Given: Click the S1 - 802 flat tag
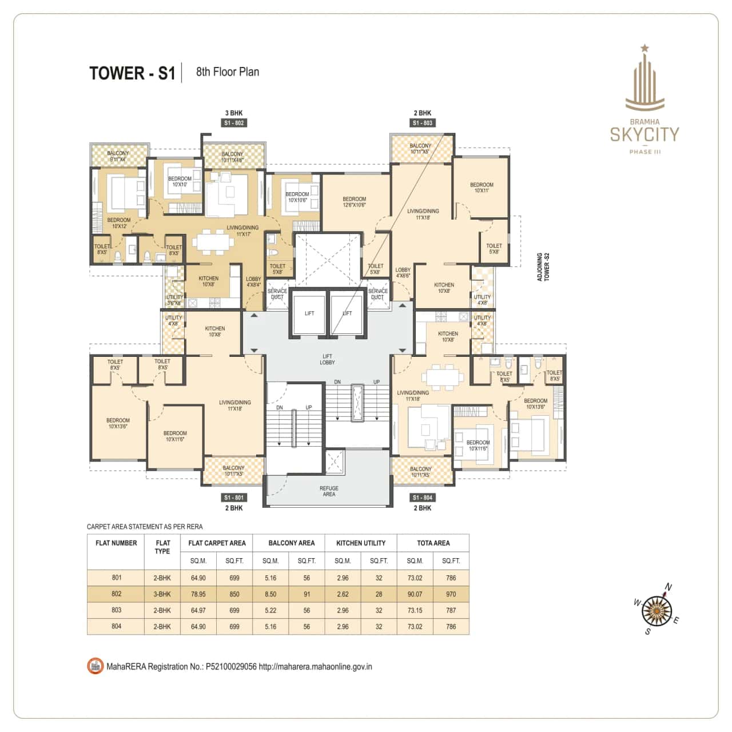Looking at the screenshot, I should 234,123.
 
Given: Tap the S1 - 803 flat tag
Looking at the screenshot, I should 423,123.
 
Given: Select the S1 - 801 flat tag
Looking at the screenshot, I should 234,498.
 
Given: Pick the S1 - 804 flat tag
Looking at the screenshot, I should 423,498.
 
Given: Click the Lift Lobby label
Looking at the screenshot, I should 327,359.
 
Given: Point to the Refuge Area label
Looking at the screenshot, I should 329,491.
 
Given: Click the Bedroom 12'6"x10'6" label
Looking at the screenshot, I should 354,202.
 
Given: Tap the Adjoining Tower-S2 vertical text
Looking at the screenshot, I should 543,267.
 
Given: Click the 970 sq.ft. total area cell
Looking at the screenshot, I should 451,594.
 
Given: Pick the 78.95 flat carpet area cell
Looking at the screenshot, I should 198,594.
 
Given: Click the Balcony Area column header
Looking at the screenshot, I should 291,543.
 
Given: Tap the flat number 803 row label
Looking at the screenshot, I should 116,610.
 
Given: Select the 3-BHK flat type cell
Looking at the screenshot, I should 162,594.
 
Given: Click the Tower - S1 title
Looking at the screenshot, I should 132,73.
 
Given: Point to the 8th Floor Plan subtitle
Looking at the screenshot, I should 227,72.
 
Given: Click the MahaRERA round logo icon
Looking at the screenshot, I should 95,666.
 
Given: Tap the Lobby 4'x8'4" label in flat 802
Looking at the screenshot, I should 253,282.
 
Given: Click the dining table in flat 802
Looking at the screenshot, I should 213,241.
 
